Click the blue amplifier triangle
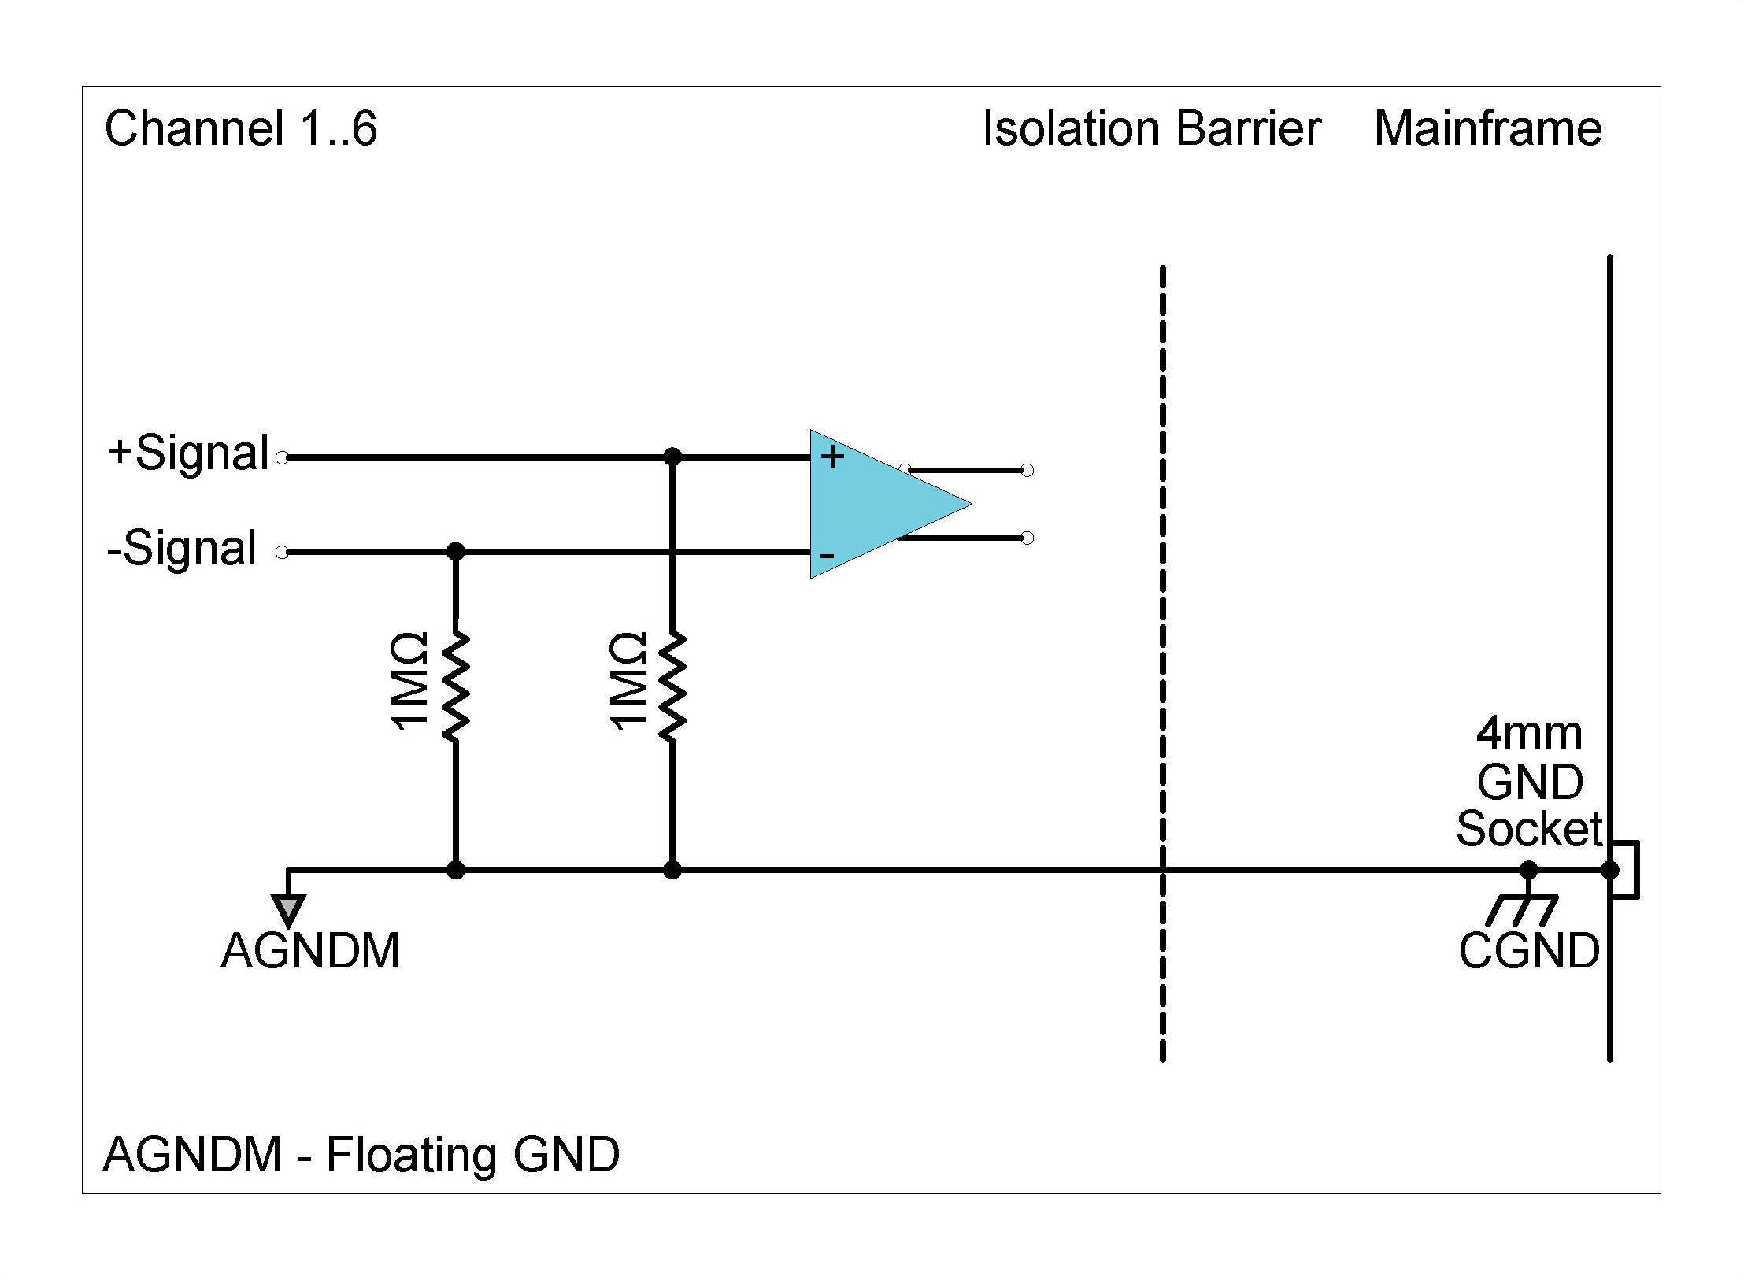(874, 504)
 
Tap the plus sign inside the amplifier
(832, 457)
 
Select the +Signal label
(188, 453)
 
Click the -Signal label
(182, 548)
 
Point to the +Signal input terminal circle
(282, 457)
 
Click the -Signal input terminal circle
(282, 553)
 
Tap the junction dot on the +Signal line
(672, 457)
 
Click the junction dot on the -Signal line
(455, 552)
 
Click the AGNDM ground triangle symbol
(289, 910)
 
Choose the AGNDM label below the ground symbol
(310, 951)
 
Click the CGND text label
(1528, 951)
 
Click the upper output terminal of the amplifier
(1027, 470)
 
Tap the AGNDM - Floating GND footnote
(361, 1155)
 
